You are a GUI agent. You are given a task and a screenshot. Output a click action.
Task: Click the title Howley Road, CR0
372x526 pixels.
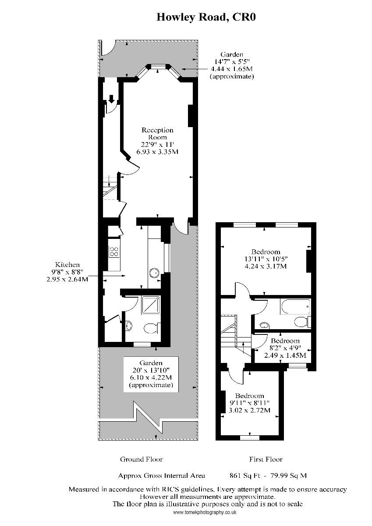coord(206,17)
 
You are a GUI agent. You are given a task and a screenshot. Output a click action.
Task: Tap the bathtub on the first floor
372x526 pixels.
coord(295,306)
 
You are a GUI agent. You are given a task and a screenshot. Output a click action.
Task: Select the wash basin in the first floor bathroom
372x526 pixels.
coord(265,325)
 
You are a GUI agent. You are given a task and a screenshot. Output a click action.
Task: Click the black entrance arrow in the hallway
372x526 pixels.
coord(111,99)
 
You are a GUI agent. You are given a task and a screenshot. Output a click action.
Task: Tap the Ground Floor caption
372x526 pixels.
coord(141,459)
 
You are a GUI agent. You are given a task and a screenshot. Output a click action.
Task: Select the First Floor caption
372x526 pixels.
coord(266,459)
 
